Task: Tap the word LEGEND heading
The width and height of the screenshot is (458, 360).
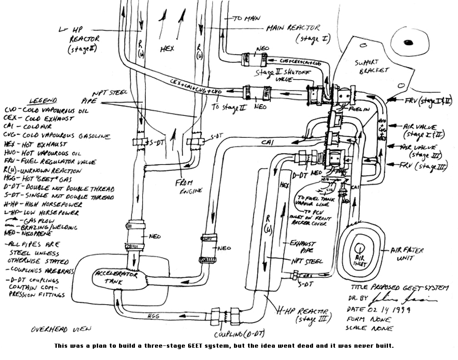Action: tap(43, 100)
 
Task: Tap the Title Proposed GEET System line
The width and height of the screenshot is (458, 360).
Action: tap(399, 288)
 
